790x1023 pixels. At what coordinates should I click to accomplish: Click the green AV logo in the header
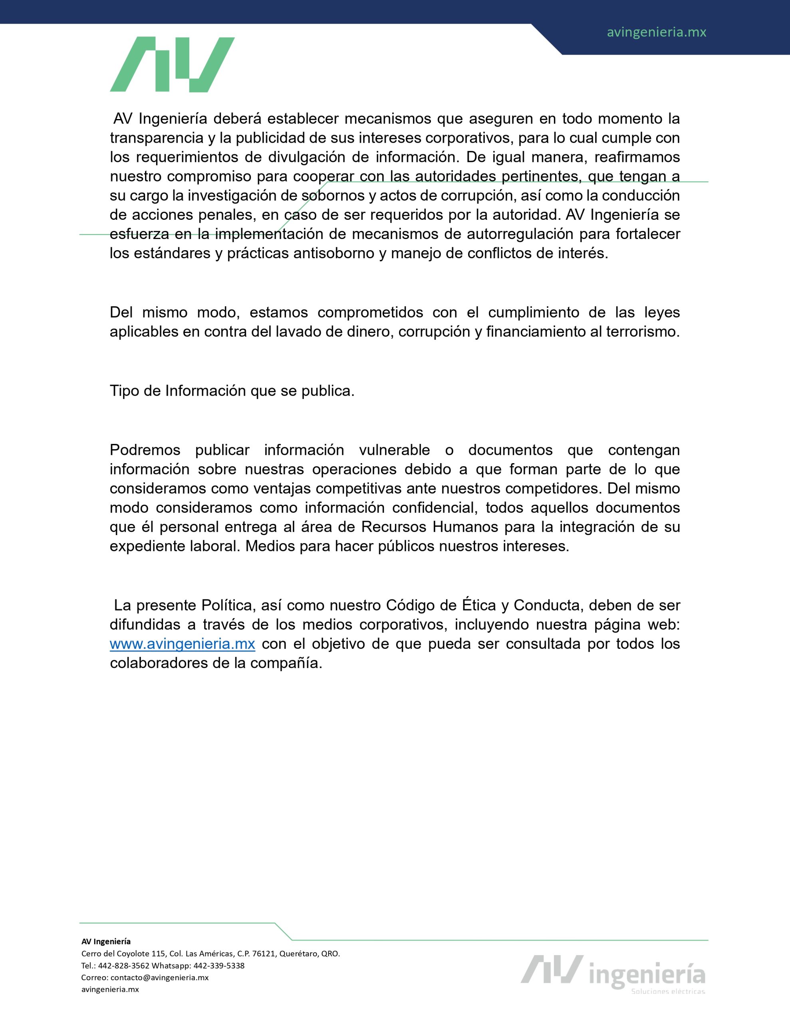click(172, 65)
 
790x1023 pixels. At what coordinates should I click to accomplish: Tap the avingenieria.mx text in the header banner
click(656, 32)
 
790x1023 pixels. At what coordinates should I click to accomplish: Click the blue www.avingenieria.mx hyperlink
click(182, 644)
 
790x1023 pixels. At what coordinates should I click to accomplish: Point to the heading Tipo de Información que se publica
click(232, 391)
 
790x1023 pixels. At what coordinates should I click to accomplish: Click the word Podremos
click(145, 450)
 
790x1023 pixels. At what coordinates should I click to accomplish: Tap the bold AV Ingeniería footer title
click(106, 941)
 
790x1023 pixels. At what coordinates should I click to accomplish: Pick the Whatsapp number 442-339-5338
click(219, 965)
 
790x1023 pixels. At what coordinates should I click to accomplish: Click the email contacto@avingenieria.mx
click(159, 977)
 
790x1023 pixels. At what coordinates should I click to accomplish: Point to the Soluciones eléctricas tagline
click(668, 991)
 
